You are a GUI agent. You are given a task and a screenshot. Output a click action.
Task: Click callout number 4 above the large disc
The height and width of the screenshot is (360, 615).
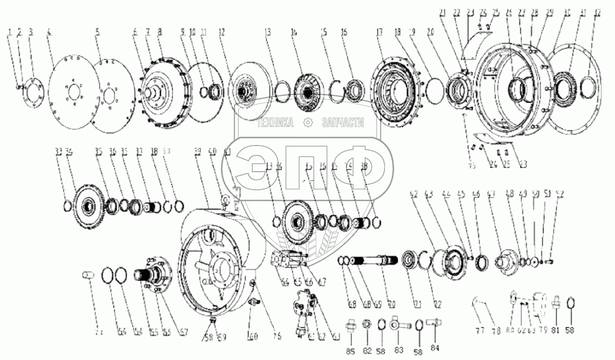pyautogui.click(x=49, y=32)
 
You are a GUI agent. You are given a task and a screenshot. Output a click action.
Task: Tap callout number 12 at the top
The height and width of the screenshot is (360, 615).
pyautogui.click(x=222, y=32)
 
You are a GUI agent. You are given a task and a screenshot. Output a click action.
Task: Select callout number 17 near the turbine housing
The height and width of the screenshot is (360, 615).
pyautogui.click(x=379, y=32)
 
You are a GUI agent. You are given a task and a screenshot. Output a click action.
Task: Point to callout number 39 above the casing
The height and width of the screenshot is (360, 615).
pyautogui.click(x=197, y=151)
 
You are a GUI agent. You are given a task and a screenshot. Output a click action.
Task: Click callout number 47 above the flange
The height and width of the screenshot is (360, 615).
pyautogui.click(x=491, y=194)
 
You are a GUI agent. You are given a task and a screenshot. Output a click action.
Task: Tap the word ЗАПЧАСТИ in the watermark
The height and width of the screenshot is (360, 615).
pyautogui.click(x=342, y=123)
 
